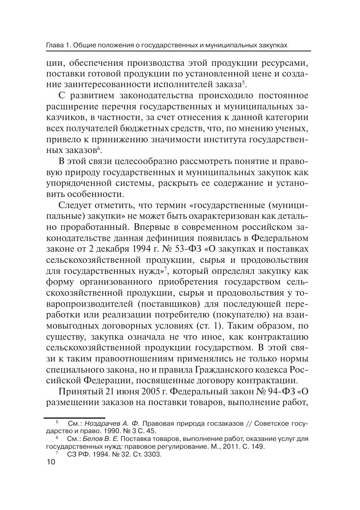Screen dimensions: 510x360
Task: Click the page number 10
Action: coord(51,462)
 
